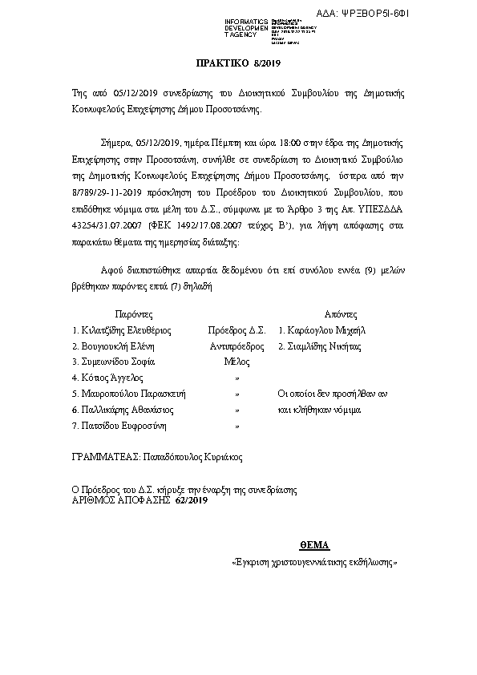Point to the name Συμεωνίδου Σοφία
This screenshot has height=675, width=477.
[x=114, y=362]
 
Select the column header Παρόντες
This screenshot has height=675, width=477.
[x=133, y=314]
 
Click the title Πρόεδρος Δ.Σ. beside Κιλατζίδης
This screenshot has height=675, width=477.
[x=236, y=330]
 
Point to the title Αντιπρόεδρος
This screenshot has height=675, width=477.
[x=237, y=346]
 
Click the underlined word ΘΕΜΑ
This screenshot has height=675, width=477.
[x=315, y=545]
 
